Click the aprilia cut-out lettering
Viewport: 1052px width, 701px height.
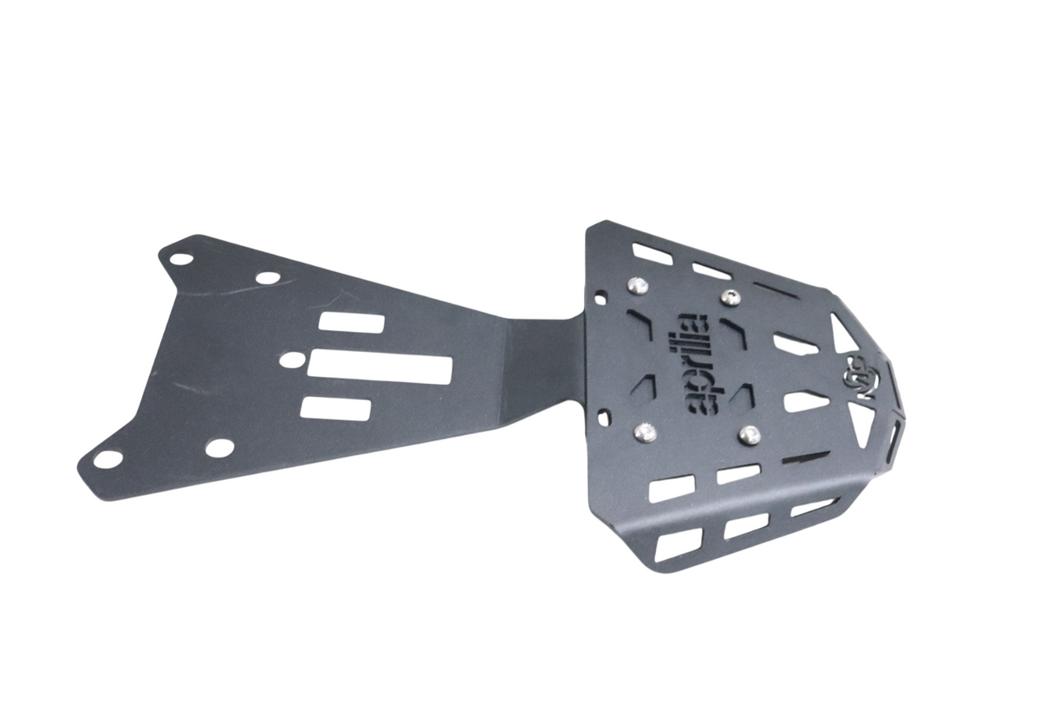click(x=692, y=363)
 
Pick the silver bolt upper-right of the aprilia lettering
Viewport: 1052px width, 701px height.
click(x=731, y=297)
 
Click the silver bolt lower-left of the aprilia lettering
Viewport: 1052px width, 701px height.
click(x=645, y=431)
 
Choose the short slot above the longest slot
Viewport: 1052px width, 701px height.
click(x=351, y=322)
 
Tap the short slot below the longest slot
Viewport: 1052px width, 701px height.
click(x=335, y=408)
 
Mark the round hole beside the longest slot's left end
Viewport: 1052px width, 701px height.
click(x=293, y=359)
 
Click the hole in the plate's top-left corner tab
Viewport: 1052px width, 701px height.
click(x=180, y=258)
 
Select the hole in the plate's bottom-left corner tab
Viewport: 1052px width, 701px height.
click(x=107, y=459)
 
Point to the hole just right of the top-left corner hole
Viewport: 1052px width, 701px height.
click(x=269, y=278)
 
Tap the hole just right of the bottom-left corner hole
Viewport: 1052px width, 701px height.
click(x=220, y=447)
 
